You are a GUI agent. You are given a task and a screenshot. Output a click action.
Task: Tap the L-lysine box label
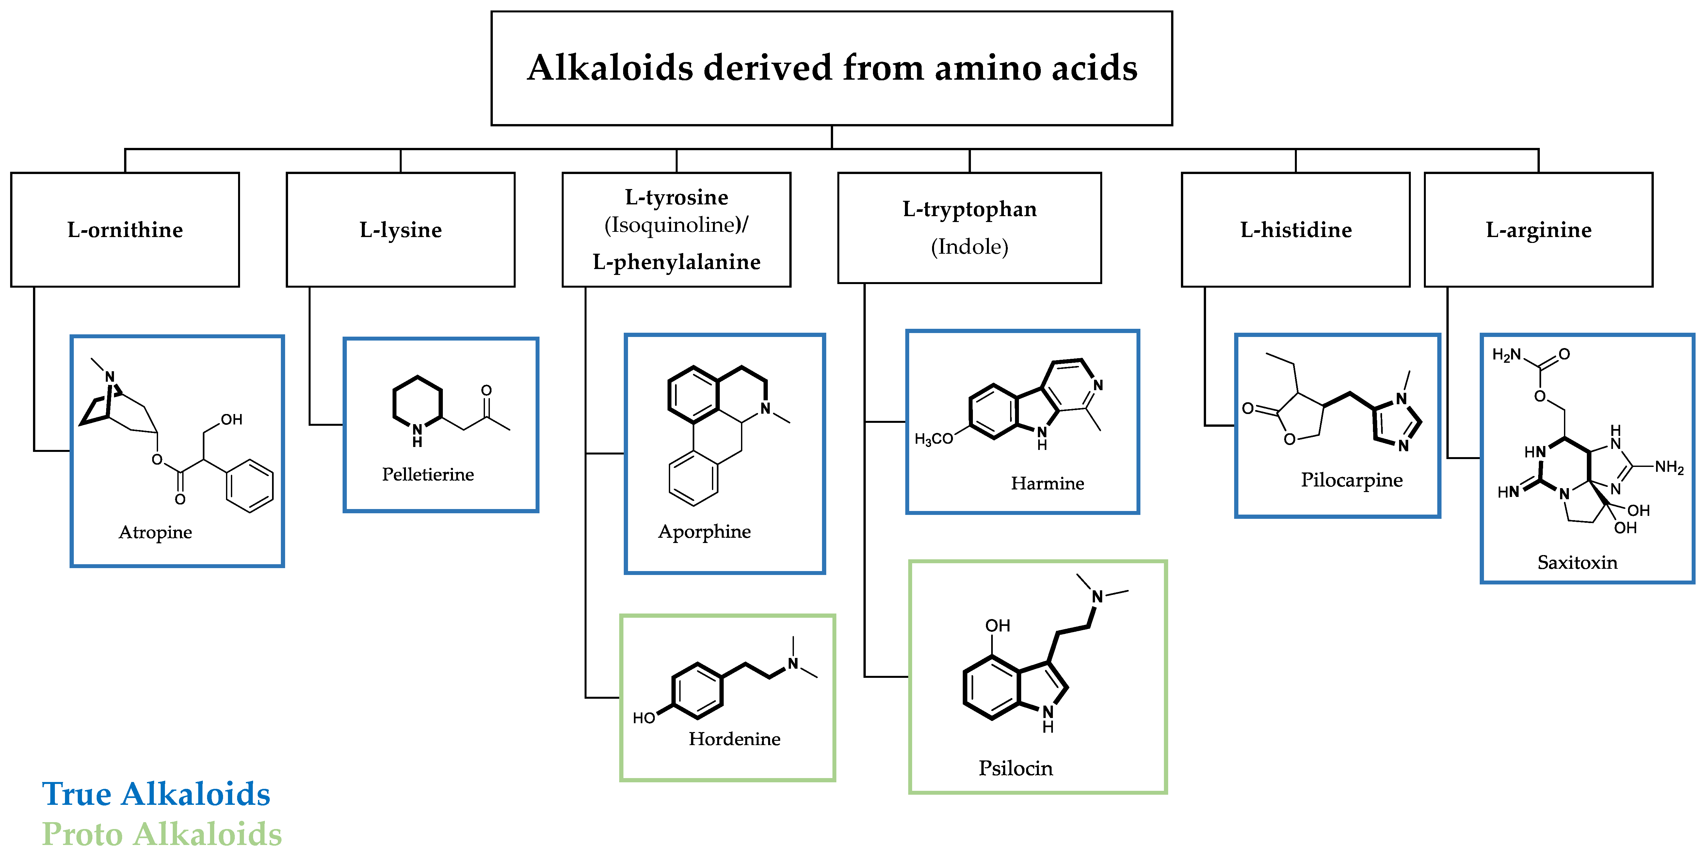400,230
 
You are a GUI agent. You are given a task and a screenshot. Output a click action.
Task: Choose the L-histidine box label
1296,230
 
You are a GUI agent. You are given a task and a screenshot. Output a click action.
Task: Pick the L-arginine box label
1538,230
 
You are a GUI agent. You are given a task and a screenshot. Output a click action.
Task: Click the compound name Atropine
155,532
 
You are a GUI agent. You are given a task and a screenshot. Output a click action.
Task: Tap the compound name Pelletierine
428,474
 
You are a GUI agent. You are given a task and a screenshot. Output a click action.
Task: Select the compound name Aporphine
704,532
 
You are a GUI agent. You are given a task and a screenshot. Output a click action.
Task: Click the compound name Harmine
1047,483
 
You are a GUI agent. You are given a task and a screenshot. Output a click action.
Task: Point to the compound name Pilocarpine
1351,480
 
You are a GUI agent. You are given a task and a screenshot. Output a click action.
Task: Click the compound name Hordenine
734,739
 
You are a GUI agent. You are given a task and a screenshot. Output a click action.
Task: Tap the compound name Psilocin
1015,768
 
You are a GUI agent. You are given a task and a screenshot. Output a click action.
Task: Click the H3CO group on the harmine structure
933,439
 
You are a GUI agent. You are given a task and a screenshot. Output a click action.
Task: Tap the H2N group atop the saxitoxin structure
1506,355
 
